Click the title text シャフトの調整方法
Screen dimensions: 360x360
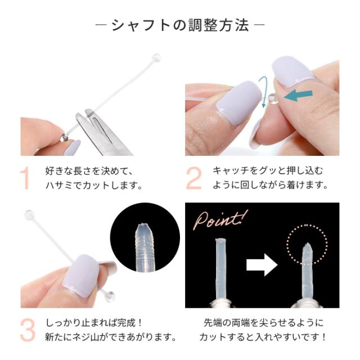pyautogui.click(x=180, y=26)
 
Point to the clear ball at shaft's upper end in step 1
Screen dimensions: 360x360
pyautogui.click(x=156, y=57)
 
